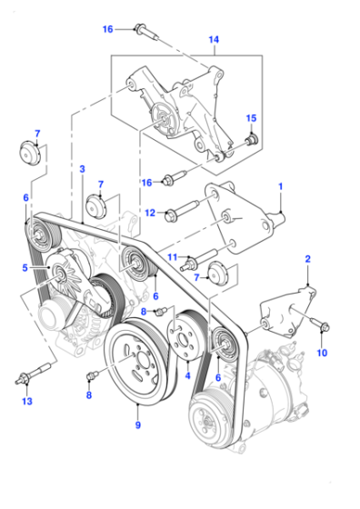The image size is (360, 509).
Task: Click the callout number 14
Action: (214, 40)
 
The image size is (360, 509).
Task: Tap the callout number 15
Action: (251, 118)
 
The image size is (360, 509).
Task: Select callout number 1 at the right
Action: (281, 186)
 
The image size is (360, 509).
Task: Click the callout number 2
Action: (308, 259)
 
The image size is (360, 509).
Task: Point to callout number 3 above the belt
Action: (82, 169)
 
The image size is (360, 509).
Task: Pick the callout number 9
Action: (138, 425)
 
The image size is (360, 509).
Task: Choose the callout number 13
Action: (27, 401)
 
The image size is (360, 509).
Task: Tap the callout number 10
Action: (322, 353)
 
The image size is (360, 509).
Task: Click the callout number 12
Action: (150, 213)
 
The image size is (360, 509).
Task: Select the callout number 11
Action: (173, 257)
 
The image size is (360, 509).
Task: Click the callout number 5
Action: (25, 268)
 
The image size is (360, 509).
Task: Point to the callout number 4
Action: (187, 376)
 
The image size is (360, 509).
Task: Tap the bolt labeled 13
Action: (34, 373)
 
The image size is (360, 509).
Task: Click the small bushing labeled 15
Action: (252, 140)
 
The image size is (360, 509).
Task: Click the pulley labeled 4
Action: (185, 336)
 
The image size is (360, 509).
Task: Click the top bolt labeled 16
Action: (146, 31)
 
